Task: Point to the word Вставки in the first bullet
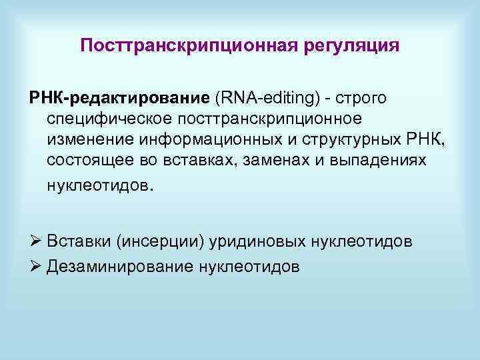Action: pos(74,241)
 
